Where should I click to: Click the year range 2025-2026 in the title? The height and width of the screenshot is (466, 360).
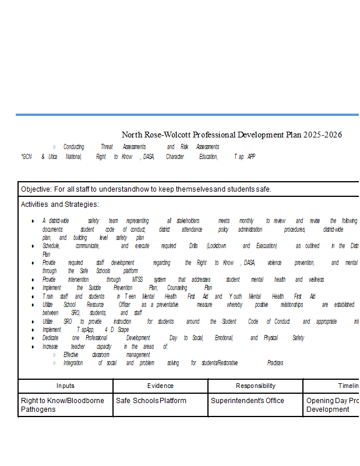click(x=323, y=135)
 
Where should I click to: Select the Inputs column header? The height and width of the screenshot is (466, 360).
click(x=65, y=386)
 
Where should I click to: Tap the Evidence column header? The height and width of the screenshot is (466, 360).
click(x=160, y=386)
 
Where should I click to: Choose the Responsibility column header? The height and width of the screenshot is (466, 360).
click(x=255, y=386)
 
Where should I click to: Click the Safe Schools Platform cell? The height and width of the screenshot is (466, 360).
click(x=151, y=401)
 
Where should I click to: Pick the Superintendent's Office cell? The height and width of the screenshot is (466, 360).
click(x=247, y=401)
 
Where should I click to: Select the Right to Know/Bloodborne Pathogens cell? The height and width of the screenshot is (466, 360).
click(x=62, y=405)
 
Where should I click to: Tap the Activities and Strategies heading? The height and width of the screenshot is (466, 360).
click(x=60, y=204)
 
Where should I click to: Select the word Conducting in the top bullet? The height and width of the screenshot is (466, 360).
click(x=73, y=147)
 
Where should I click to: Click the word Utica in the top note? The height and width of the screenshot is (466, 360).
click(x=52, y=157)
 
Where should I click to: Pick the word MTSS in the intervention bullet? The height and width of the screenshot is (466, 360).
click(x=137, y=280)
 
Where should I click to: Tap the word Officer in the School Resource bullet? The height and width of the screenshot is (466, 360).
click(x=124, y=305)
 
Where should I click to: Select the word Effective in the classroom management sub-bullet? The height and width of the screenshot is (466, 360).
click(x=70, y=355)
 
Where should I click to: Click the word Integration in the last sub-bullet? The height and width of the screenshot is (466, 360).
click(x=73, y=363)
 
